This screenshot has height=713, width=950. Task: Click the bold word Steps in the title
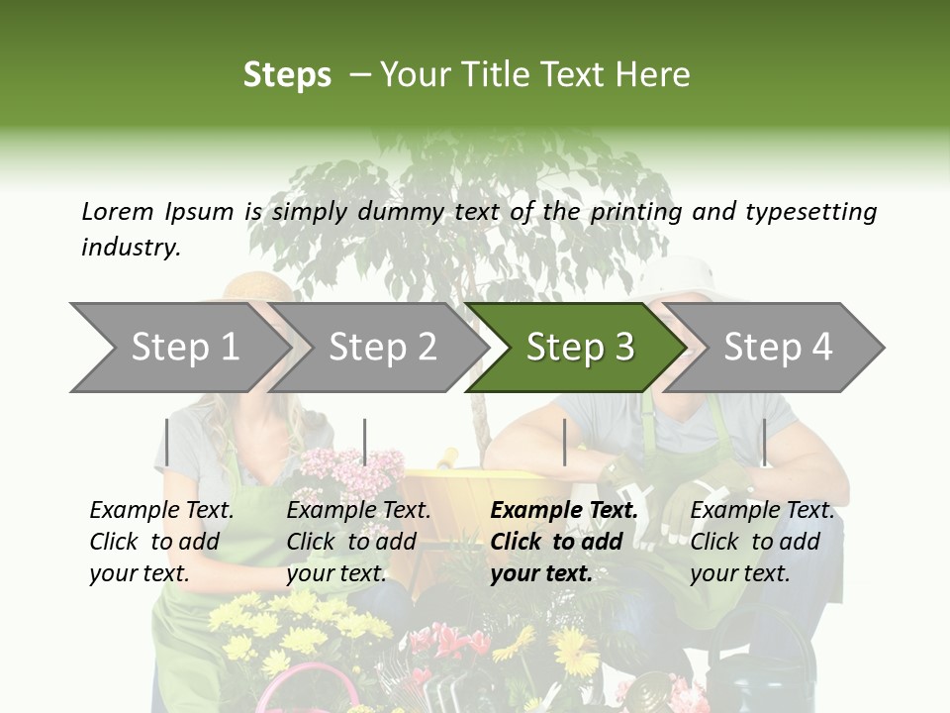coord(287,75)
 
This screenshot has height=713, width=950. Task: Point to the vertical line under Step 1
coord(167,442)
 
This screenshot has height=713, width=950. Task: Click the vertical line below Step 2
coord(365,442)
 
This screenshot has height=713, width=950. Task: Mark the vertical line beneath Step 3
coord(564,442)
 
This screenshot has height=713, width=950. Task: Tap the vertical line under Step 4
coord(764,442)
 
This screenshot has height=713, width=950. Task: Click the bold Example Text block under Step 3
coord(564,542)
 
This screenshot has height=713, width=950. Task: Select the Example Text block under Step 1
coord(161,542)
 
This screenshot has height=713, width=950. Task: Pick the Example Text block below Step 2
coord(358,542)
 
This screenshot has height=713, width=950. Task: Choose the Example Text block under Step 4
coord(762,542)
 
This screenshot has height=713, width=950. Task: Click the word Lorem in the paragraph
coord(117,211)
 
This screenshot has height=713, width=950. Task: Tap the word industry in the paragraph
coord(130,247)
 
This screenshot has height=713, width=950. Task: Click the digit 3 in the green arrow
coord(623,348)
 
